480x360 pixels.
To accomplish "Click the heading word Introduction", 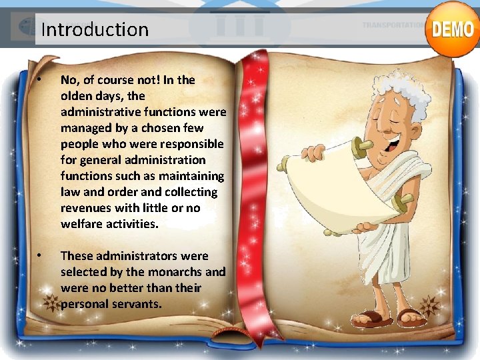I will [95, 29].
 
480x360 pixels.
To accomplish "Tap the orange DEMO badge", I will [453, 29].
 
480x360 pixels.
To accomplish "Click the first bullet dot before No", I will [40, 80].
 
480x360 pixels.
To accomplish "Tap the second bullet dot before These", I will [40, 256].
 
